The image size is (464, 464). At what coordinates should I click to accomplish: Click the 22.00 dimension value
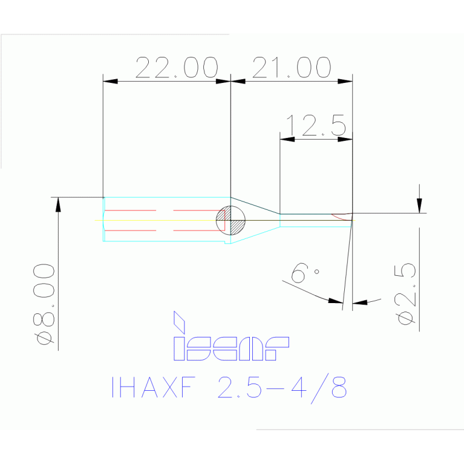[x=176, y=68]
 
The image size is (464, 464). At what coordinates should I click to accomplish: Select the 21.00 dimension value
[x=292, y=68]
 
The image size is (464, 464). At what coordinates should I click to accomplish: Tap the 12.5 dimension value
[x=315, y=126]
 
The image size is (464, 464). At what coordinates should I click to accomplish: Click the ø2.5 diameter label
[x=408, y=293]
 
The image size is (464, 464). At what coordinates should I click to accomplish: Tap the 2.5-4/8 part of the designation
[x=282, y=388]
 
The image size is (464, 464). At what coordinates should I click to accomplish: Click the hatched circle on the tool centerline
[x=231, y=220]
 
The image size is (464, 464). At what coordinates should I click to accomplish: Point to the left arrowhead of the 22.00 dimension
[x=109, y=81]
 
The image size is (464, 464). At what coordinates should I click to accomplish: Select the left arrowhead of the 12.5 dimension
[x=286, y=139]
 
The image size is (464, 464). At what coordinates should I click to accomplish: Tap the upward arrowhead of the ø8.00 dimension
[x=58, y=204]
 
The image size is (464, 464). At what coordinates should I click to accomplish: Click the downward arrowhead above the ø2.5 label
[x=419, y=206]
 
